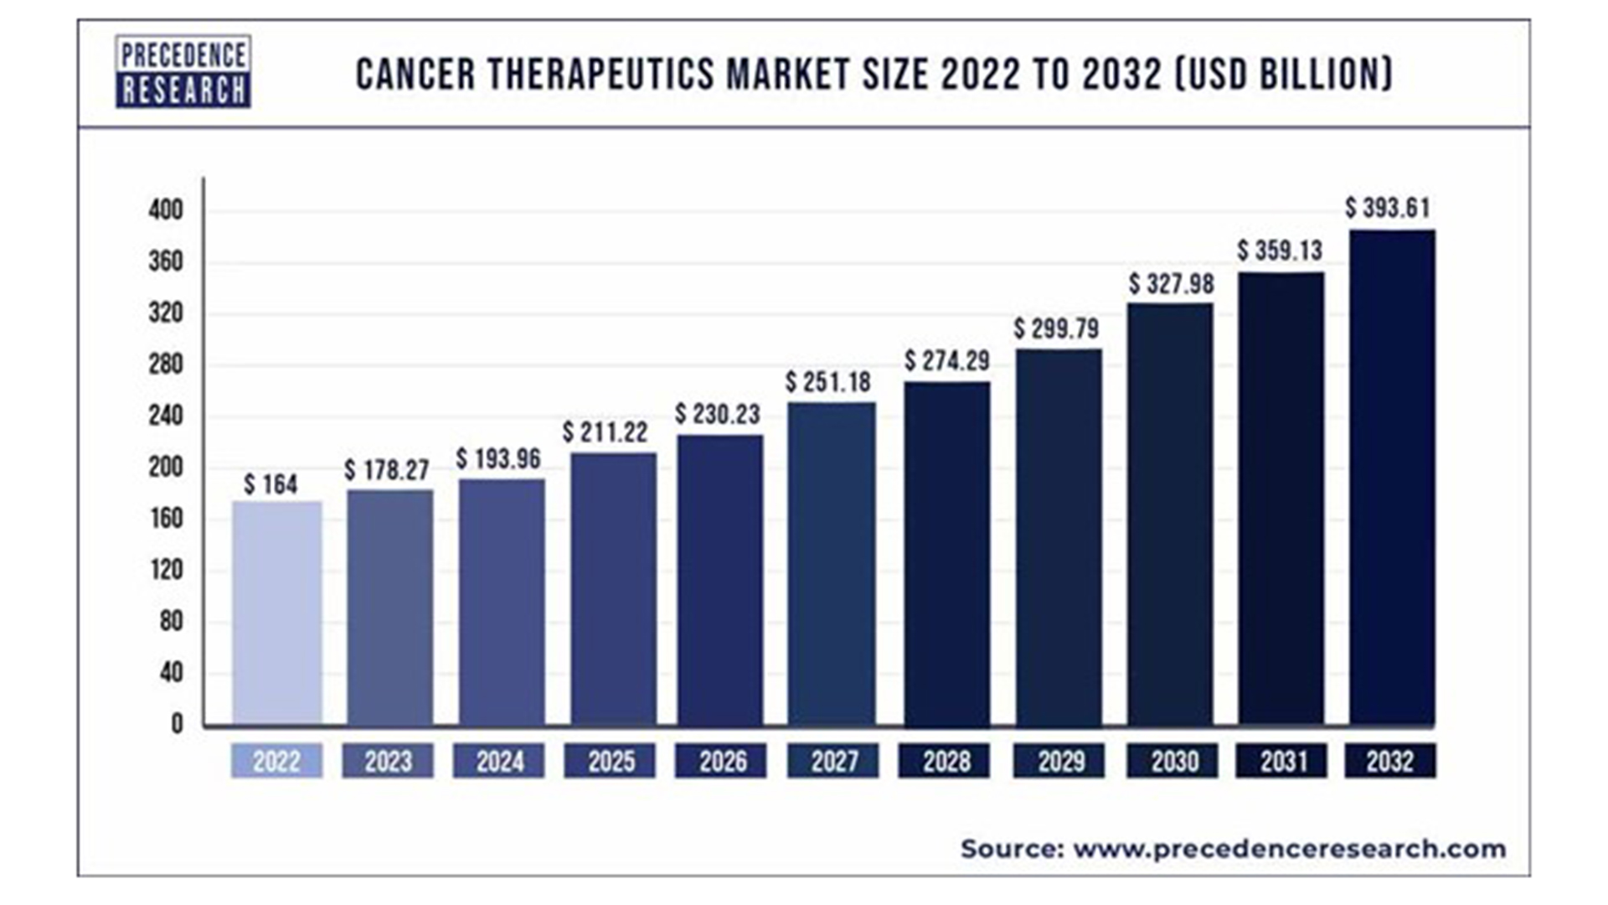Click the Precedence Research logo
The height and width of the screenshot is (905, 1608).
click(183, 72)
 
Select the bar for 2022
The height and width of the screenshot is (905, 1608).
click(277, 613)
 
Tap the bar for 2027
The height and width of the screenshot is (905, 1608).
click(832, 563)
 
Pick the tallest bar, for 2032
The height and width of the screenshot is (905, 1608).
click(1392, 477)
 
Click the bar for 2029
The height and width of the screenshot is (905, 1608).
click(1059, 537)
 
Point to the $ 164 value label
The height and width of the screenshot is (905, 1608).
click(271, 484)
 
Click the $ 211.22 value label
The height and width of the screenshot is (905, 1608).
click(605, 432)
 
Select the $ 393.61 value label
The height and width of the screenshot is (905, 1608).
click(1388, 208)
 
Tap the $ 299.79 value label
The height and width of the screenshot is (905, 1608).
click(1056, 328)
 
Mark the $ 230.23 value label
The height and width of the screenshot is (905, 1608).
click(718, 414)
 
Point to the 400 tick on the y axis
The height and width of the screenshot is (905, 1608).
click(166, 209)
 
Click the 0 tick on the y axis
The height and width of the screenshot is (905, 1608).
click(177, 724)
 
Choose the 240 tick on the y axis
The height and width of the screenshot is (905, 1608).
click(166, 416)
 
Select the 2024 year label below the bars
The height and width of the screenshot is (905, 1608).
click(499, 762)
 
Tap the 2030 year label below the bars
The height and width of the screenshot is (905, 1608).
click(1173, 762)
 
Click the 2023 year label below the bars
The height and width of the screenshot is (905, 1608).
click(388, 762)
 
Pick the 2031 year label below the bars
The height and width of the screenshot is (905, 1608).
click(1281, 762)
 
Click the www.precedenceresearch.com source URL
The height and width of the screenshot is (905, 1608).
click(1289, 849)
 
